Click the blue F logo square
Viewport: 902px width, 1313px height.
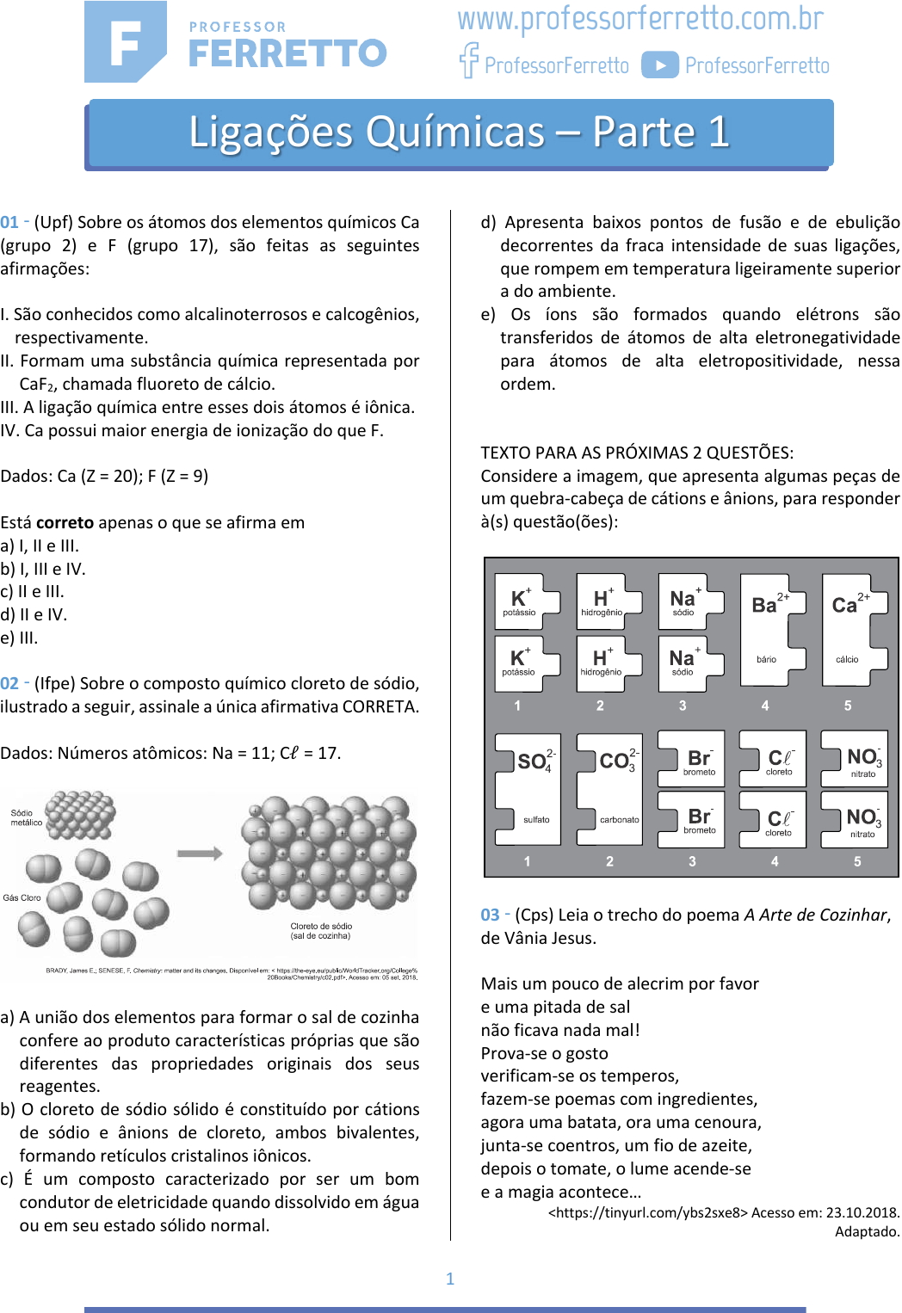(x=125, y=41)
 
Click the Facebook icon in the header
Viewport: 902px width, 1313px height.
(x=468, y=60)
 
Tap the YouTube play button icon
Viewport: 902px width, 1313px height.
(x=660, y=65)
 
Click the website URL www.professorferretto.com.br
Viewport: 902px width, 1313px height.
(x=640, y=19)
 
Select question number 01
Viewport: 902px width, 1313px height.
(x=9, y=222)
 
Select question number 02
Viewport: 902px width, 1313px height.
(x=9, y=683)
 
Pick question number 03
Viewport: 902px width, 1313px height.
(x=490, y=915)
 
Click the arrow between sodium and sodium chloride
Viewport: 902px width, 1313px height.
(x=200, y=854)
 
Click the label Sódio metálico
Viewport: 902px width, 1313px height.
(x=25, y=817)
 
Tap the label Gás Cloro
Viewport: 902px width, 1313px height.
(x=22, y=897)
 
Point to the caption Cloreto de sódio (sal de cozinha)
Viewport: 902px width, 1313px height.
(x=321, y=931)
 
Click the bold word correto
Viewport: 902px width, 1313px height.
(x=65, y=522)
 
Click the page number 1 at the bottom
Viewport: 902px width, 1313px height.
(x=450, y=1279)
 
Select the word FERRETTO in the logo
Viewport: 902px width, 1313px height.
(x=287, y=53)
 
